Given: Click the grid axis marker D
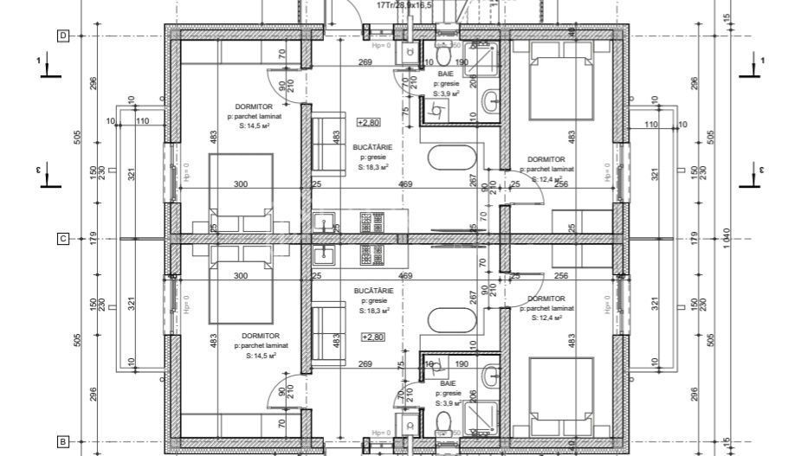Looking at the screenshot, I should click(x=62, y=35).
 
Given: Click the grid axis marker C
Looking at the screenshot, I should click(x=62, y=239).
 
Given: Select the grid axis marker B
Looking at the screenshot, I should click(x=62, y=441).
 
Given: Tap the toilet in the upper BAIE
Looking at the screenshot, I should click(x=442, y=56).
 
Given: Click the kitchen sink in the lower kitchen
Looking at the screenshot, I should click(x=327, y=254).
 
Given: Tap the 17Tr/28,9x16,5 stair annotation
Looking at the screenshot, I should click(x=405, y=5).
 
